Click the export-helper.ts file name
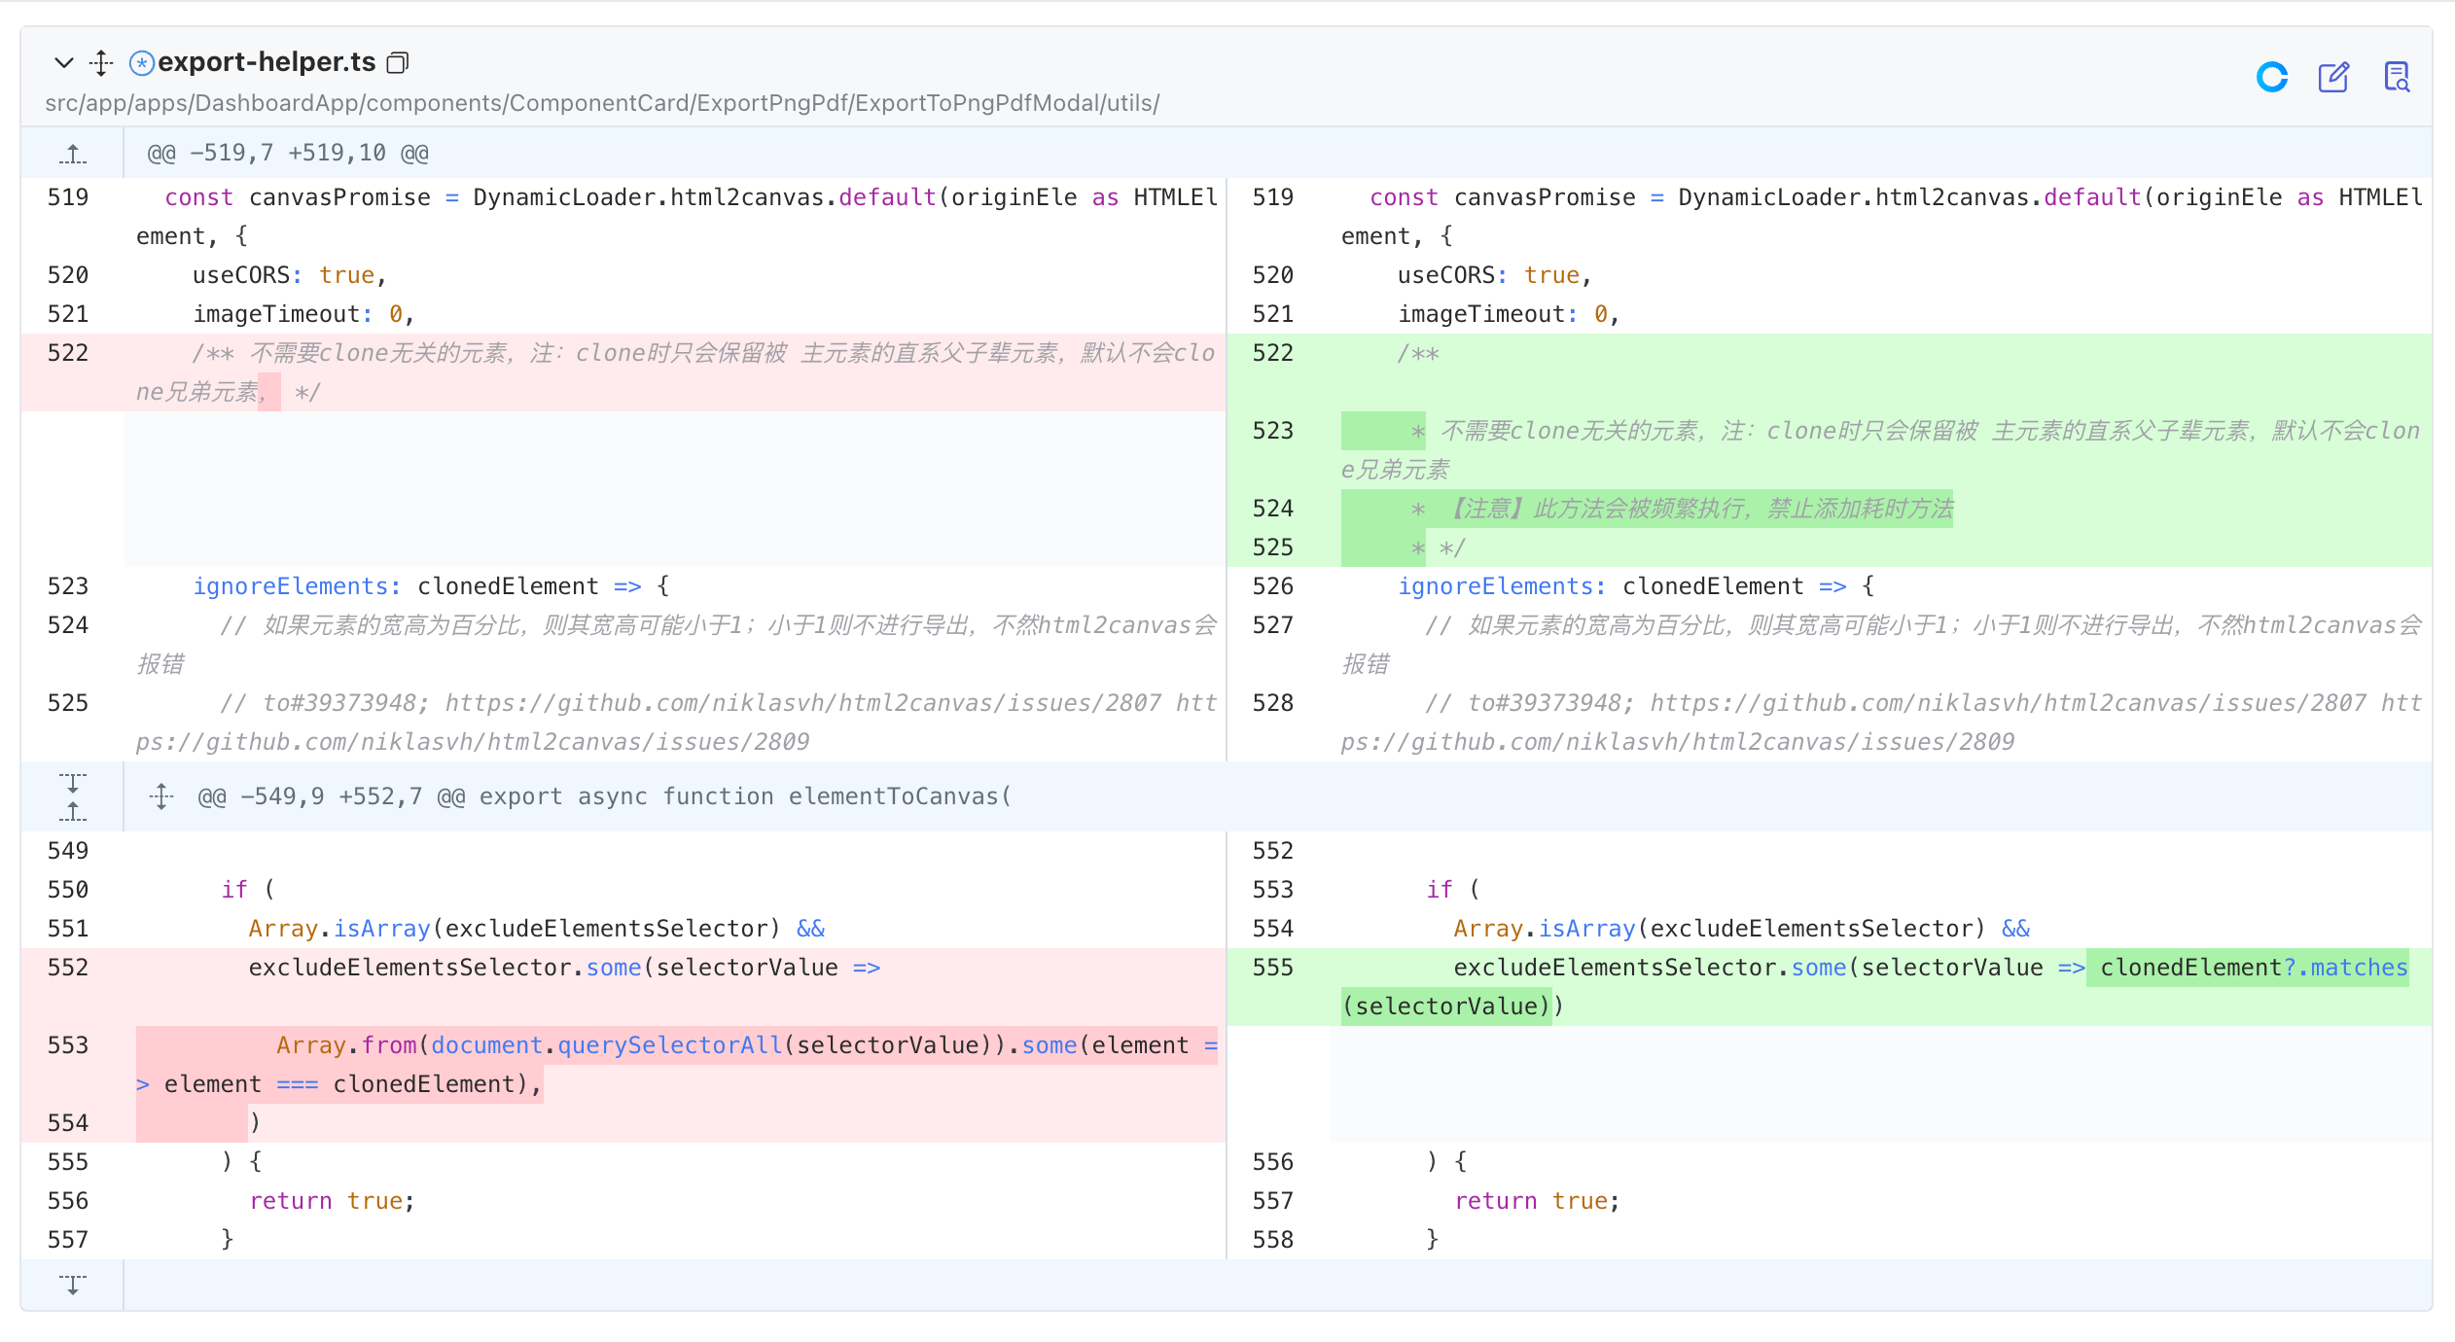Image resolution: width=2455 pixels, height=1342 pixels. click(x=267, y=62)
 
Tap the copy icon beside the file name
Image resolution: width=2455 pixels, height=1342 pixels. click(x=398, y=63)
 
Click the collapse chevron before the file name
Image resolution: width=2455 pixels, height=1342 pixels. click(x=64, y=63)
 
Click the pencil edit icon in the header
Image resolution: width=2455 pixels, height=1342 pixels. click(x=2333, y=77)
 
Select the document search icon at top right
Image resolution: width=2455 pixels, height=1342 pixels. click(x=2397, y=77)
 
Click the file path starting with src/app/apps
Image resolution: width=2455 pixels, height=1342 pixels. click(x=602, y=103)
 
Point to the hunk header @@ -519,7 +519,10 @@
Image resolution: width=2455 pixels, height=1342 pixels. click(x=288, y=153)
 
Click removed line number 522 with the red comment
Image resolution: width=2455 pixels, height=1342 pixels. click(x=68, y=353)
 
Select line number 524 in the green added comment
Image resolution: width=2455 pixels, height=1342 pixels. click(x=1273, y=509)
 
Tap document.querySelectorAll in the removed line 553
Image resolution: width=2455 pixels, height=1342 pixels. click(x=607, y=1045)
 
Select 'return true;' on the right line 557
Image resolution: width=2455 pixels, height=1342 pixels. click(x=1537, y=1201)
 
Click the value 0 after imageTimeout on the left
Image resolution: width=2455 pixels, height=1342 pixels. click(x=396, y=314)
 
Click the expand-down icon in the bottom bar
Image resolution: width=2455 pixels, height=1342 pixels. click(x=73, y=1285)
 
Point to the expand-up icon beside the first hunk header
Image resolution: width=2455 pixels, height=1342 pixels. click(x=73, y=153)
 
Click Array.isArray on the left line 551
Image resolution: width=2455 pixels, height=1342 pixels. click(x=339, y=929)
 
